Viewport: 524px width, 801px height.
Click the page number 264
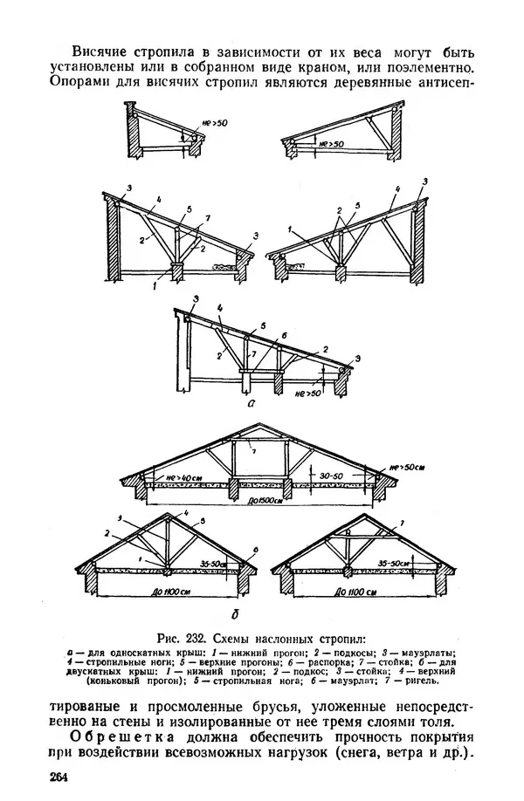(59, 777)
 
